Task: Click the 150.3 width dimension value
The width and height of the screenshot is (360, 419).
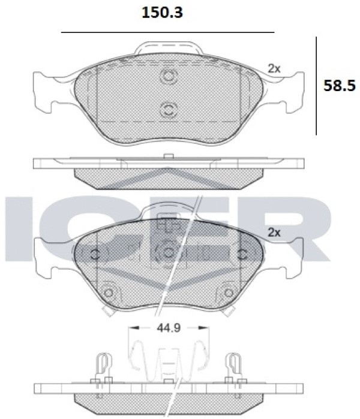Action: pos(162,13)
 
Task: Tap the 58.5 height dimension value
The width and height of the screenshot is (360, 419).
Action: pos(340,86)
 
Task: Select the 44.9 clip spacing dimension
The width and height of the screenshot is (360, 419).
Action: pos(169,328)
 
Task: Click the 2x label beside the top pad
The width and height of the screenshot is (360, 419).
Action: pos(274,69)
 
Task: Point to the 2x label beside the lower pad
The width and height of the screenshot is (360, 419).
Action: pos(274,233)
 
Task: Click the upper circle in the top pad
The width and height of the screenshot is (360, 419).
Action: pos(169,76)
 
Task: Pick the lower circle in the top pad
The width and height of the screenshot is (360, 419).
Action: pos(169,110)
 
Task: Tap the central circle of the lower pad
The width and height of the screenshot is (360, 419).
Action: pos(168,252)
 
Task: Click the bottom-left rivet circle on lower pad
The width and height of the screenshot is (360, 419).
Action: pos(109,293)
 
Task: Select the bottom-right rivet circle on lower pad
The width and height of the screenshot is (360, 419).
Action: pos(229,293)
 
